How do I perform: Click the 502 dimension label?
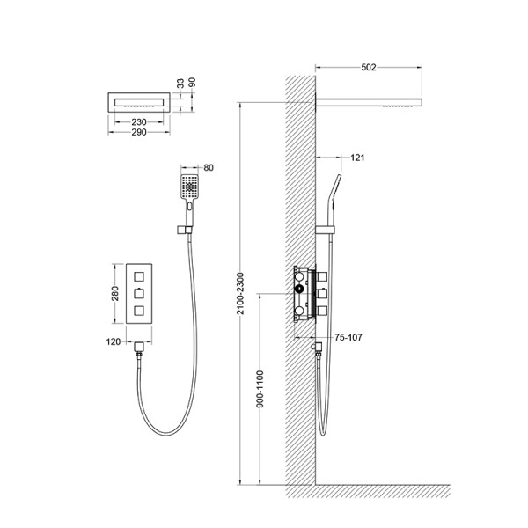[369, 68]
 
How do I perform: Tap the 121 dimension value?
[357, 158]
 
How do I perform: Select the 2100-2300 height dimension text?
[240, 294]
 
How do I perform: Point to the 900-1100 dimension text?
[260, 389]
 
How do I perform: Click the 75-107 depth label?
[348, 337]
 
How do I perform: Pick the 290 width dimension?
[139, 132]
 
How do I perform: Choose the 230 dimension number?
[139, 122]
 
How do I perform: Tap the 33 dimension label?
[180, 84]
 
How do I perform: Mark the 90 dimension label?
[192, 83]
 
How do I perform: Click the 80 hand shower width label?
[209, 168]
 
